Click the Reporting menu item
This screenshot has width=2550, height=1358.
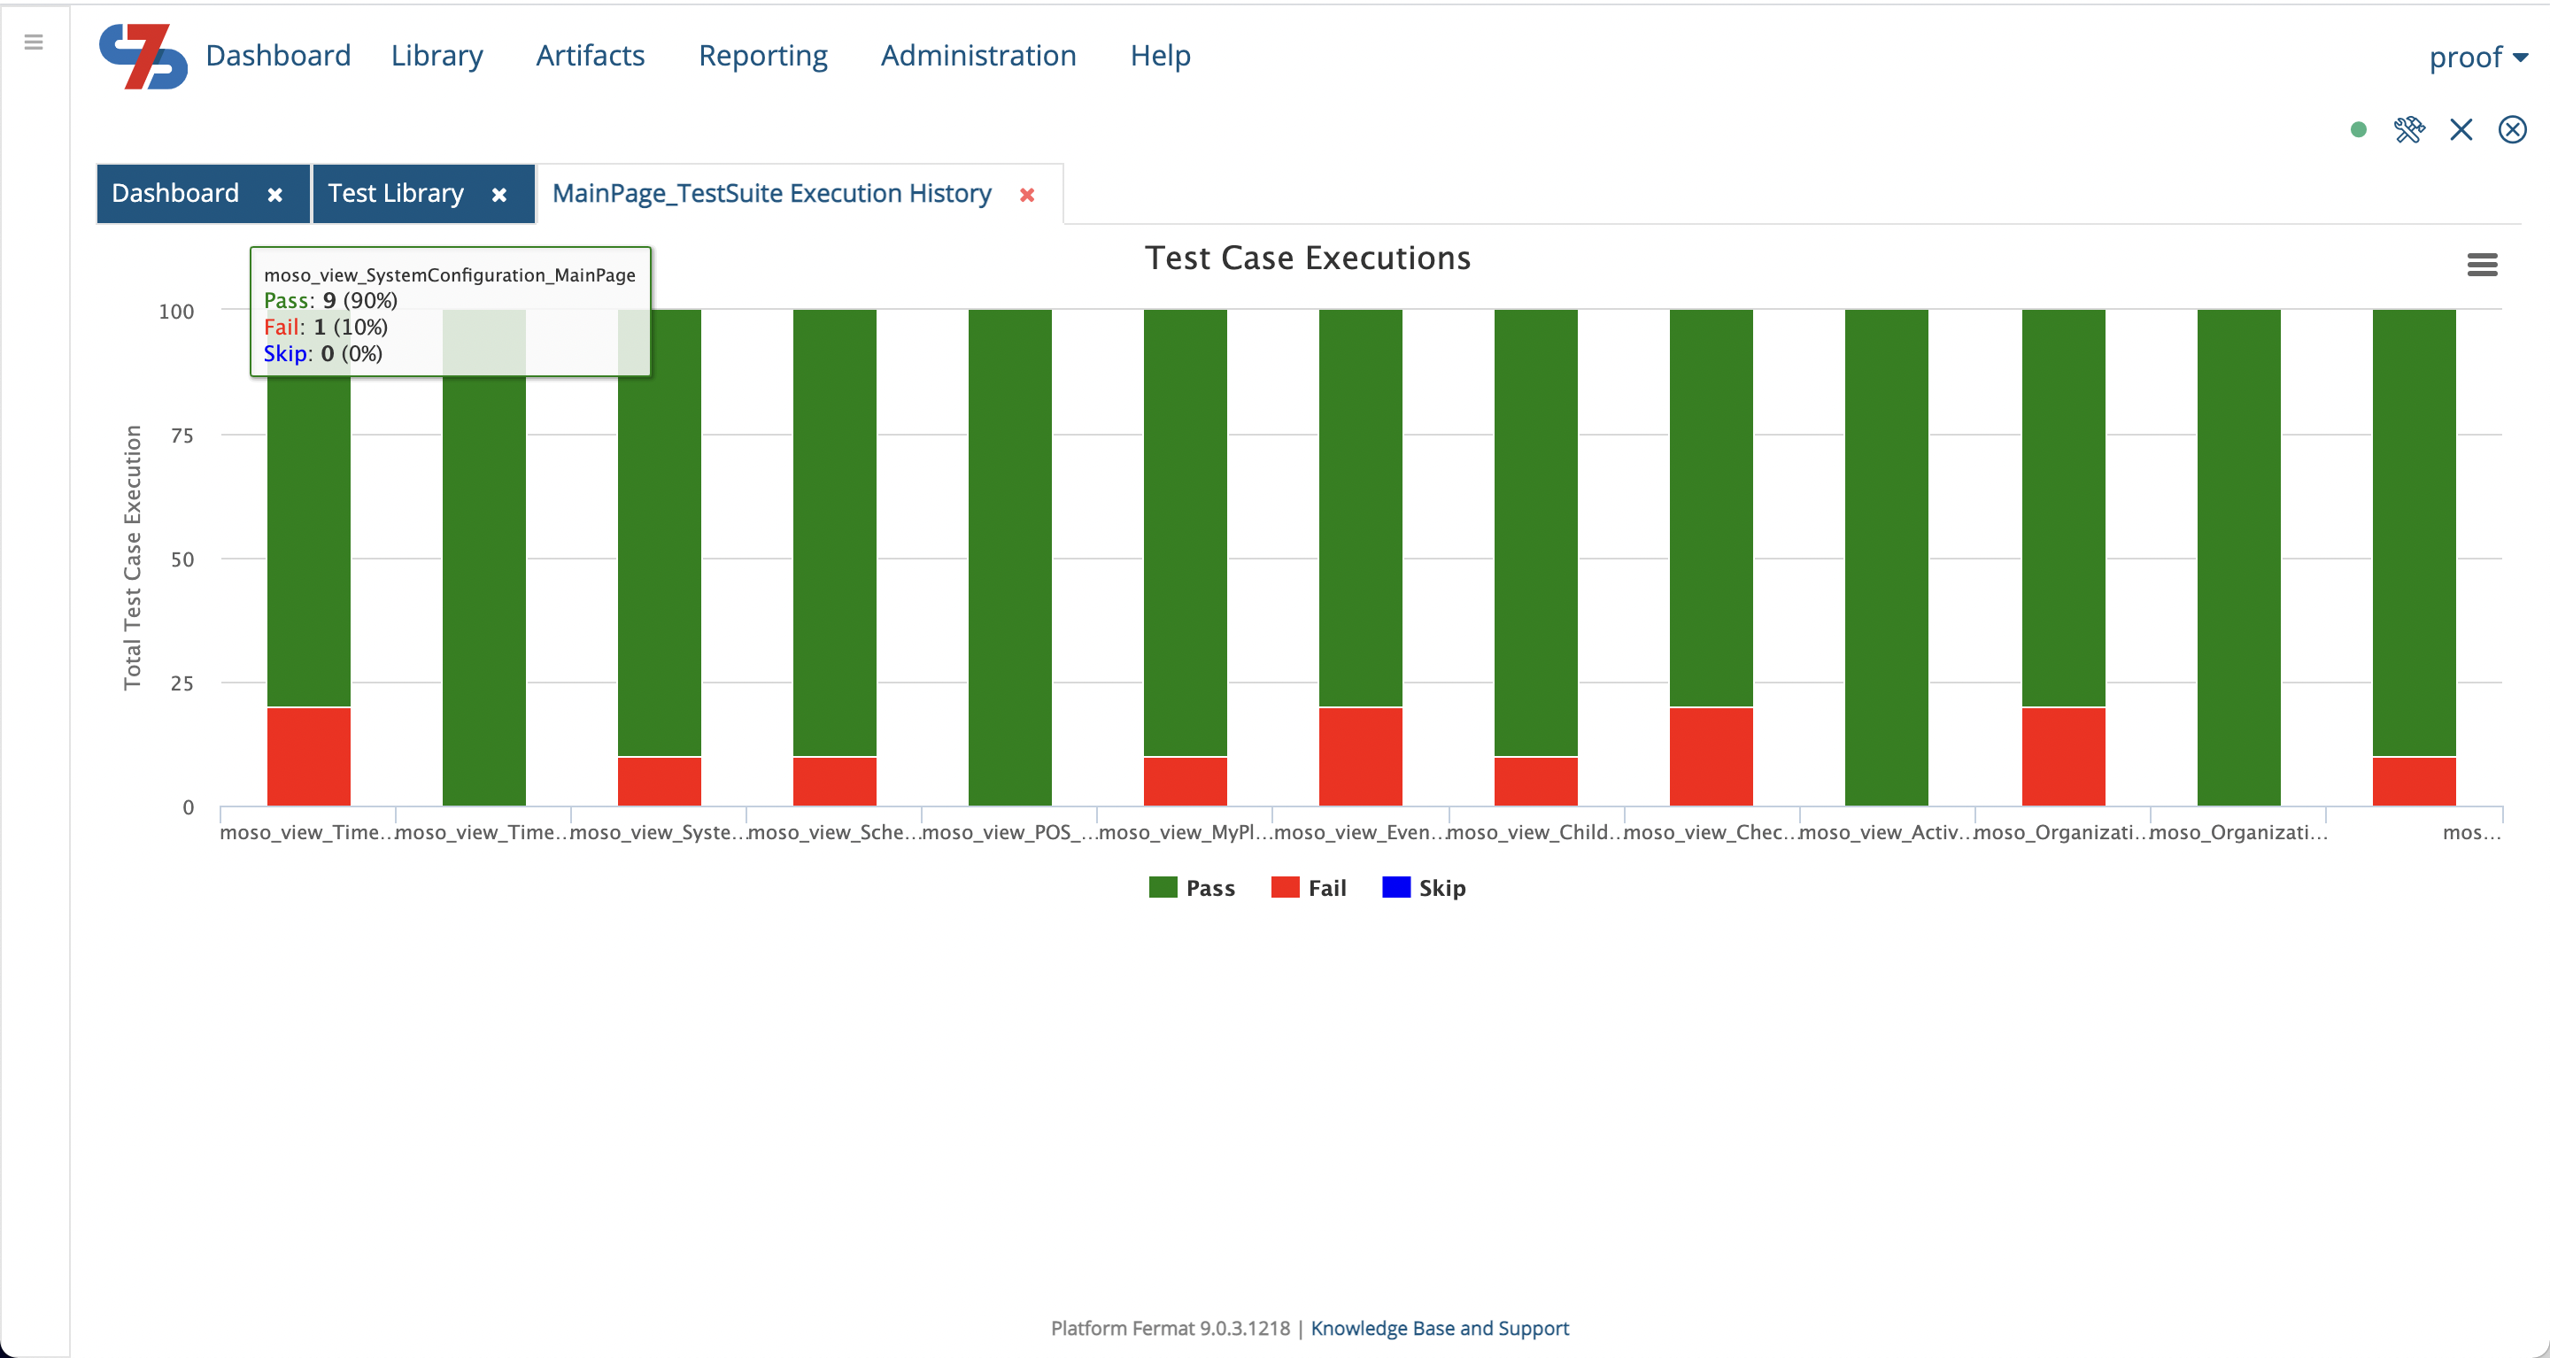pyautogui.click(x=762, y=56)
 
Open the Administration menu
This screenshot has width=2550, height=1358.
pyautogui.click(x=978, y=56)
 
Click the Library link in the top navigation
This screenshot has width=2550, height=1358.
pyautogui.click(x=437, y=56)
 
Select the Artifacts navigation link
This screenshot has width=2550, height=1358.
pyautogui.click(x=590, y=56)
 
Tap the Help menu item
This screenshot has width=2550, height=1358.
pyautogui.click(x=1160, y=56)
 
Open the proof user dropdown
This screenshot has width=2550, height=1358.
pyautogui.click(x=2477, y=58)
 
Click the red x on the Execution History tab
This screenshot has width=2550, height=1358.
pyautogui.click(x=1027, y=195)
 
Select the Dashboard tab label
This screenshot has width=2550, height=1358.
pyautogui.click(x=175, y=193)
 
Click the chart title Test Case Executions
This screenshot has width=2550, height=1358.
pyautogui.click(x=1307, y=258)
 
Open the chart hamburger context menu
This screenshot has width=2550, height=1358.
pyautogui.click(x=2482, y=266)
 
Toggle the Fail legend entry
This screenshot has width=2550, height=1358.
pyautogui.click(x=1309, y=888)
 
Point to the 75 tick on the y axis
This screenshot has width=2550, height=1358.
pyautogui.click(x=182, y=436)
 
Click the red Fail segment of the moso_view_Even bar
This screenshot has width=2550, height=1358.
pyautogui.click(x=1360, y=756)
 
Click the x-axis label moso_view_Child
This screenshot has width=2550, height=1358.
pyautogui.click(x=1534, y=832)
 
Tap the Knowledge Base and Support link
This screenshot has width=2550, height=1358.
pyautogui.click(x=1440, y=1328)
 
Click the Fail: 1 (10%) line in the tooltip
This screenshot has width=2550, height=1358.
pyautogui.click(x=326, y=328)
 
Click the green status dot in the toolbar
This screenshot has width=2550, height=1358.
pyautogui.click(x=2358, y=129)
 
